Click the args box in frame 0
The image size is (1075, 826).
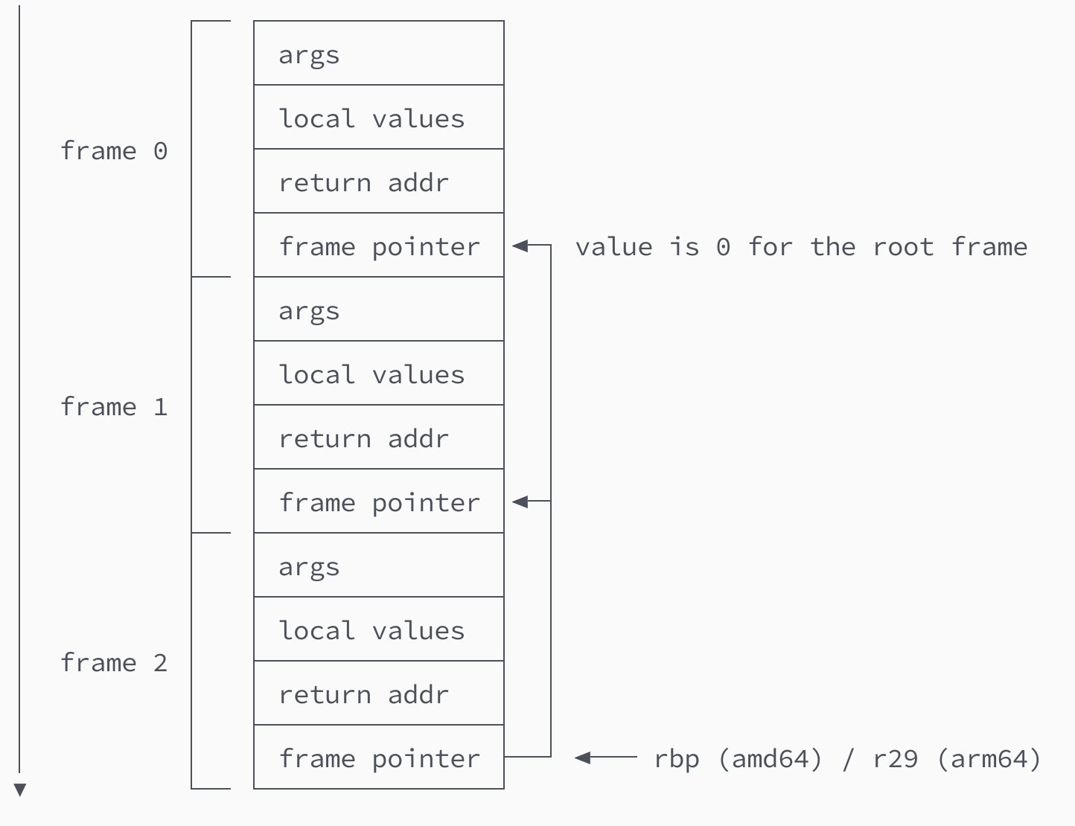pos(378,54)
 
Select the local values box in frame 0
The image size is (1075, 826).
pos(378,118)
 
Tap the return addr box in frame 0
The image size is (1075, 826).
pos(378,182)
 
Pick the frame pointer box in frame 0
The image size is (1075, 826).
pos(378,246)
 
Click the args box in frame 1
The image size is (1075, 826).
pos(378,310)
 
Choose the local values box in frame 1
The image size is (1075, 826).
pos(378,374)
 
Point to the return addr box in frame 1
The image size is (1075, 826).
pos(378,438)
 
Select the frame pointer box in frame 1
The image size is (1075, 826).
pos(378,502)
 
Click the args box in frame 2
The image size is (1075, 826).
pos(378,566)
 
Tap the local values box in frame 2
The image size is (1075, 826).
pos(378,630)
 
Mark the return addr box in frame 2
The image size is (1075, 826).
pos(378,694)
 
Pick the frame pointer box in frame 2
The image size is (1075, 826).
pos(378,758)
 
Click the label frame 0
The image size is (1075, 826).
pos(114,151)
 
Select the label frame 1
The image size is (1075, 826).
pos(114,407)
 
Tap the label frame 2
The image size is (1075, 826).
pos(114,663)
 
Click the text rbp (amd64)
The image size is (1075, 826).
pos(738,759)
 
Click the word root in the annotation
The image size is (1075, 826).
pos(903,246)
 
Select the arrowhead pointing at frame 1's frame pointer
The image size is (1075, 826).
pos(520,502)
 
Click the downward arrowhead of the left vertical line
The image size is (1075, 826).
pos(20,790)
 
